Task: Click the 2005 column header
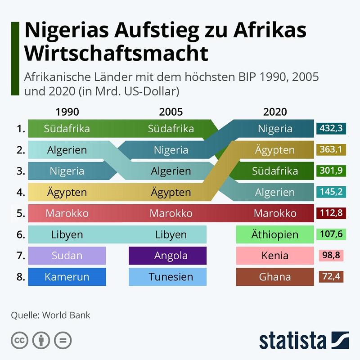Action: [x=171, y=112]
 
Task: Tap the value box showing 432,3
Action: [x=331, y=128]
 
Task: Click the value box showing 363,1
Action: [x=331, y=149]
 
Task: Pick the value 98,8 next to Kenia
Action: [x=331, y=255]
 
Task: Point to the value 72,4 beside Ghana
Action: [x=331, y=276]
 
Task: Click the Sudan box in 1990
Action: [x=67, y=256]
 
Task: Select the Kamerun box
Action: [x=67, y=277]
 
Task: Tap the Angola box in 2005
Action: [x=167, y=256]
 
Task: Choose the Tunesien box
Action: [x=167, y=277]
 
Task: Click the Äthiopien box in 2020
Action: [x=275, y=234]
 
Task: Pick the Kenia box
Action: [x=275, y=256]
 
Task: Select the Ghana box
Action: [x=275, y=277]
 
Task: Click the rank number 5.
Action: [x=21, y=213]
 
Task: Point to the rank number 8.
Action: [x=21, y=277]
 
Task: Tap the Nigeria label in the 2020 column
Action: [x=275, y=129]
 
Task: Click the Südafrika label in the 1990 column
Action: [x=67, y=129]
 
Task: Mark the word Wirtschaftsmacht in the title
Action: [x=117, y=53]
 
